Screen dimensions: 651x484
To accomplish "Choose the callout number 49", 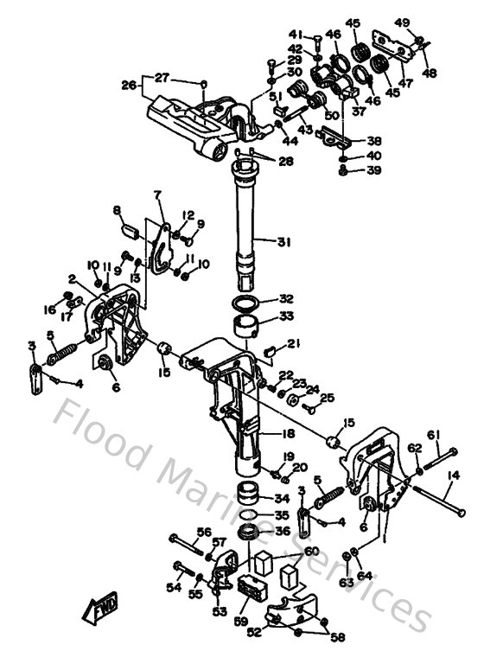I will [x=426, y=22].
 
